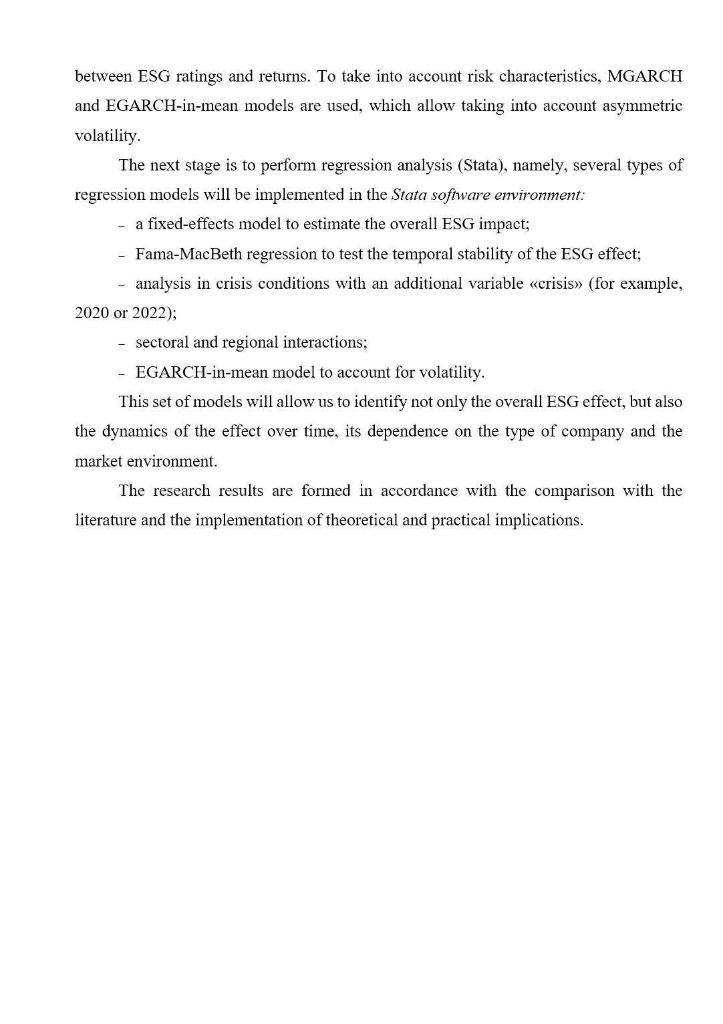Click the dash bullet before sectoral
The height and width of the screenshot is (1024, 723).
coord(122,344)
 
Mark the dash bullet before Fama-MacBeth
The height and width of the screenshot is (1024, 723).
coord(122,255)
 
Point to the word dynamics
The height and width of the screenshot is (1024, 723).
coord(134,431)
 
